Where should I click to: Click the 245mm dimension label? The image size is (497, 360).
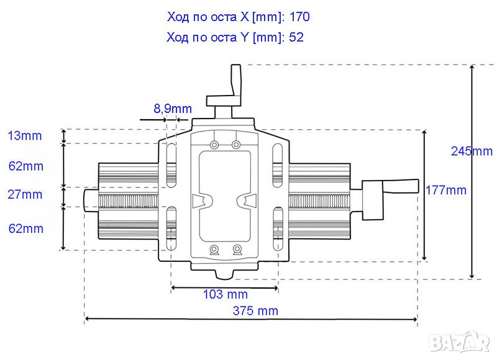[x=472, y=151]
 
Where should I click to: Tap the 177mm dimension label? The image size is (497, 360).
[x=445, y=191]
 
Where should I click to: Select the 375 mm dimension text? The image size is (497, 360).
[x=255, y=310]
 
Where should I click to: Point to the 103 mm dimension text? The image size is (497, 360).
[x=225, y=294]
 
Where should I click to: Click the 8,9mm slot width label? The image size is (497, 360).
[x=173, y=109]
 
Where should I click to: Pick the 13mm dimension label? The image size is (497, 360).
[x=25, y=135]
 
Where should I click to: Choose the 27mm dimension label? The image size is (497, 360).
[x=25, y=194]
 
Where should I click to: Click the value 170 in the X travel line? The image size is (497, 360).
[x=299, y=17]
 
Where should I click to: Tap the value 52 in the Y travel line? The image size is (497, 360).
[x=296, y=37]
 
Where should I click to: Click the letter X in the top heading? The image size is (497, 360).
[x=244, y=17]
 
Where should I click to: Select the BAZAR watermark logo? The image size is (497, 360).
[x=460, y=342]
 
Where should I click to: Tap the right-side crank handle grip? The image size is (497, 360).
[x=401, y=186]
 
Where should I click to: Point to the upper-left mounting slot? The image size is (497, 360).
[x=171, y=165]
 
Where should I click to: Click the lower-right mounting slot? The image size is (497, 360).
[x=278, y=228]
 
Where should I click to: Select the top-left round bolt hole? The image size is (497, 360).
[x=214, y=145]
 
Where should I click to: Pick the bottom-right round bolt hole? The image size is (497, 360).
[x=237, y=248]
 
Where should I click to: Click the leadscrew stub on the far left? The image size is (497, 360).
[x=91, y=200]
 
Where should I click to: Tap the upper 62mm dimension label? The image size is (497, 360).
[x=25, y=166]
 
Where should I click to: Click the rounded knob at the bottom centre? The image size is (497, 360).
[x=225, y=274]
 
